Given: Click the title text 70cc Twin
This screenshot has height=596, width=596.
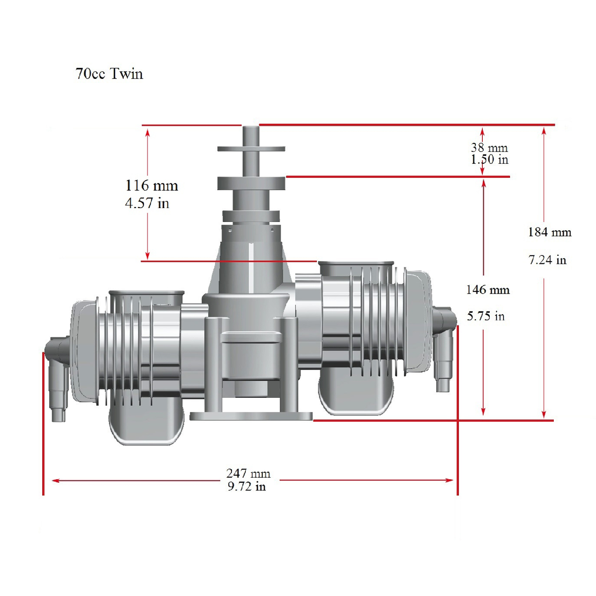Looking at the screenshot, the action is click(x=109, y=74).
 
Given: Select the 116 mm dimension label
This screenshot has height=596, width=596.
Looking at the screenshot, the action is click(x=151, y=186).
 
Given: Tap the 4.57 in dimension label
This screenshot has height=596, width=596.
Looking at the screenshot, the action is click(x=147, y=203).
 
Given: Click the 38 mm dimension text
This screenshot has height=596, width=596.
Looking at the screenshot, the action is click(x=489, y=148).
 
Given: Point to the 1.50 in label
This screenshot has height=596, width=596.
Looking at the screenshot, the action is click(x=490, y=159).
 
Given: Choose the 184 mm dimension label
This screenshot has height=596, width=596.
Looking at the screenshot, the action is click(x=550, y=232).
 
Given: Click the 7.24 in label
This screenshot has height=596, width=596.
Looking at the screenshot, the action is click(x=547, y=260).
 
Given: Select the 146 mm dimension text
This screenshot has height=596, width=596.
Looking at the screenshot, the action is click(x=488, y=290).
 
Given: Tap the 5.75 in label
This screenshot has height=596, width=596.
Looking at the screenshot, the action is click(x=486, y=316).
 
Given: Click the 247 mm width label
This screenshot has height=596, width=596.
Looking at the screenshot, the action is click(x=248, y=473).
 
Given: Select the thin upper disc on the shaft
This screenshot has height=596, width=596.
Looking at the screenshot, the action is click(x=251, y=149).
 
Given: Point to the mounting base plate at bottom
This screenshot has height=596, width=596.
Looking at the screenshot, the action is click(x=251, y=416).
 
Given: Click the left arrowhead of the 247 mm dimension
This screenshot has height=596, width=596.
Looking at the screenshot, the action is click(x=55, y=480).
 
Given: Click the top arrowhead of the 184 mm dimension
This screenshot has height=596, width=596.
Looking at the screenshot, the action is click(x=544, y=131).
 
